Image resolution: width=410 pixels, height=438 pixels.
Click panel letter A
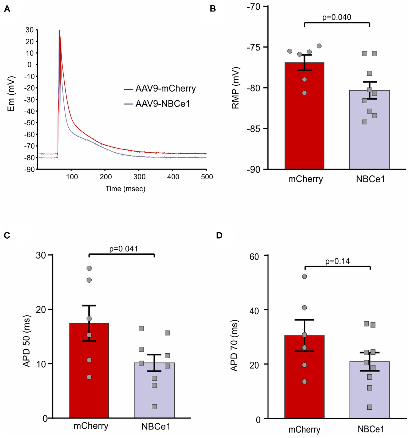click(7, 9)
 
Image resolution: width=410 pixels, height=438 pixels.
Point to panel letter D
click(219, 235)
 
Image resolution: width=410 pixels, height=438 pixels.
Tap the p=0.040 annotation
click(337, 17)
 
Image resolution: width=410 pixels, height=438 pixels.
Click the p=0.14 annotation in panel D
click(337, 261)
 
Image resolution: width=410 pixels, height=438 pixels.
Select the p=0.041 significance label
click(124, 249)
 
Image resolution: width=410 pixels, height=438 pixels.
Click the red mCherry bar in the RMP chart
click(304, 120)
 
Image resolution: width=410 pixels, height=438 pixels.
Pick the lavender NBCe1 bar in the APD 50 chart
click(154, 392)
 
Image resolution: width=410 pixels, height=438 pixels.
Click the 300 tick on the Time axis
click(139, 177)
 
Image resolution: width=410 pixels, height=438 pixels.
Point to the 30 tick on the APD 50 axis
click(41, 255)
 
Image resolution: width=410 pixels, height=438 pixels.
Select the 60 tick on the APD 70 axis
click(254, 257)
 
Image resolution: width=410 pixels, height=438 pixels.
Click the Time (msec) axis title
click(125, 189)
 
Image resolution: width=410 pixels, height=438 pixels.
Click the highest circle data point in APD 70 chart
click(304, 276)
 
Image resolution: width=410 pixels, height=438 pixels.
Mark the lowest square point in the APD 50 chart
click(154, 407)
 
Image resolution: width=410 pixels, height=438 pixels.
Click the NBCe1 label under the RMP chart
click(370, 179)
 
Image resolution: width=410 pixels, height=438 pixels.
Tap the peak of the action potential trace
click(59, 30)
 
